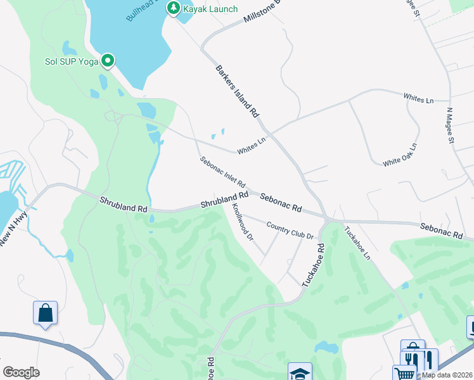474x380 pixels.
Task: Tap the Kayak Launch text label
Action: (x=210, y=9)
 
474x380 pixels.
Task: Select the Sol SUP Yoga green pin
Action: (x=108, y=61)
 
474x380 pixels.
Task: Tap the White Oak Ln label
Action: (x=400, y=155)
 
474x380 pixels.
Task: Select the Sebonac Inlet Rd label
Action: (x=222, y=172)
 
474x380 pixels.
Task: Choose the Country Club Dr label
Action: (x=290, y=229)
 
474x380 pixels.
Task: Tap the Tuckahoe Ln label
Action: (x=357, y=243)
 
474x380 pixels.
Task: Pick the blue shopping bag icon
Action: (x=45, y=312)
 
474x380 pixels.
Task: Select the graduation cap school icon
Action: (x=300, y=373)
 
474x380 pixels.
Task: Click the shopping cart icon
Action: (x=404, y=374)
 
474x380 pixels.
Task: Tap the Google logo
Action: (x=21, y=372)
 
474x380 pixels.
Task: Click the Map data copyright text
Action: (x=447, y=375)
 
